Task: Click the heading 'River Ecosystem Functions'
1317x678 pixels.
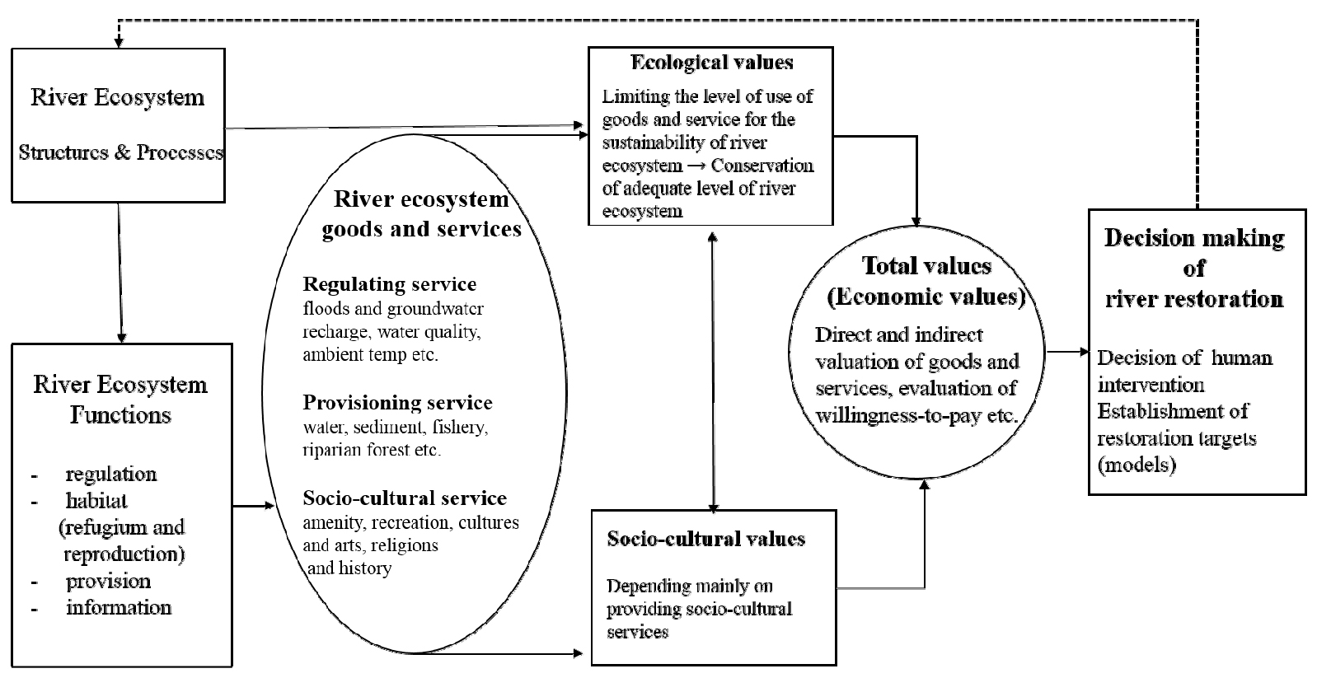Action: (120, 399)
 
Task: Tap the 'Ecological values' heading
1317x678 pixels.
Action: (711, 63)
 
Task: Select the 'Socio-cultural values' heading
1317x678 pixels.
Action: (705, 539)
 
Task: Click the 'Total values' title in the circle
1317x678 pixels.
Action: (926, 266)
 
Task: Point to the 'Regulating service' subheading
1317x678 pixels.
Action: (390, 285)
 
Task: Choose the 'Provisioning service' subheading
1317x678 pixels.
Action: (397, 403)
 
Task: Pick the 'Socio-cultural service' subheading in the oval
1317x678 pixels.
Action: (405, 498)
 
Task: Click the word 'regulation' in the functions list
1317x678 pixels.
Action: (110, 475)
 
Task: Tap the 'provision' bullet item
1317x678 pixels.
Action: (108, 581)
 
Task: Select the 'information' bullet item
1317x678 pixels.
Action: (119, 608)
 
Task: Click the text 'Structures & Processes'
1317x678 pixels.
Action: (120, 152)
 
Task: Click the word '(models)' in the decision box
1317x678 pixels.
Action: (1137, 465)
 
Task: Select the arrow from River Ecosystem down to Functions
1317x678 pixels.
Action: (121, 272)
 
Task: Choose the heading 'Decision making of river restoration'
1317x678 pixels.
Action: (1194, 268)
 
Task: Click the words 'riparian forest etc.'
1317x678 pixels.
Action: (372, 451)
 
